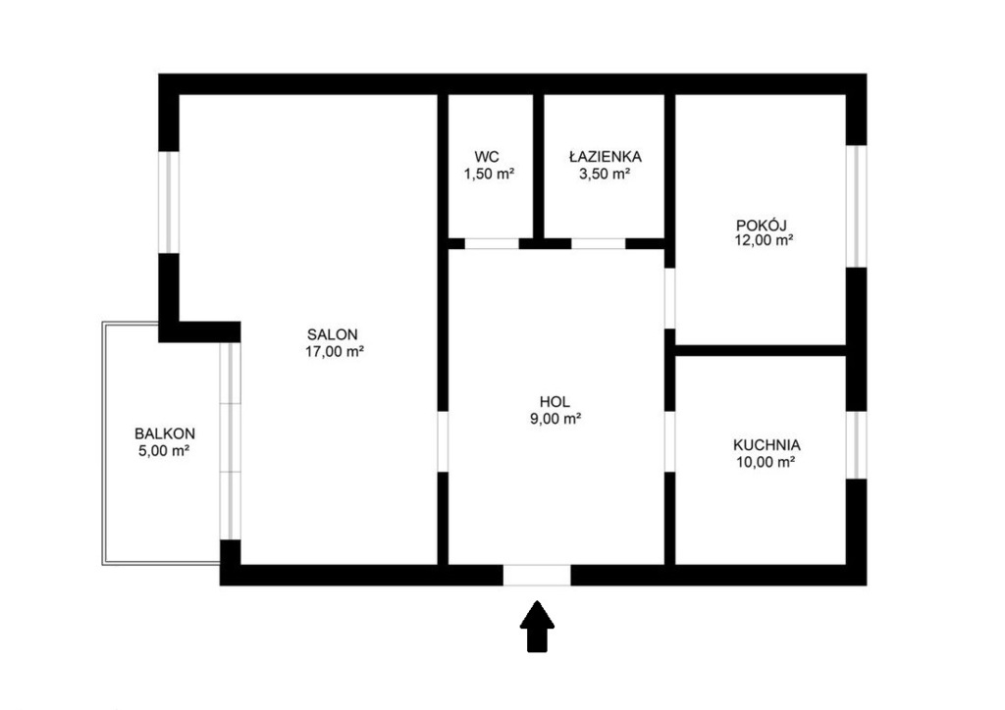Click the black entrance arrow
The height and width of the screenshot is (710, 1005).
537,627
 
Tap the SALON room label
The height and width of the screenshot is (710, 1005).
332,334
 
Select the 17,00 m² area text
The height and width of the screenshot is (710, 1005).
335,351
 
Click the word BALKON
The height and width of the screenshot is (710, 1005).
165,433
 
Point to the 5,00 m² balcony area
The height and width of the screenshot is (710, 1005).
164,450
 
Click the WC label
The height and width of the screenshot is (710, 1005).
487,157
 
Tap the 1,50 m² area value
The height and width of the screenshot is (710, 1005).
489,173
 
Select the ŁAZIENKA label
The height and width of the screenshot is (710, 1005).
605,156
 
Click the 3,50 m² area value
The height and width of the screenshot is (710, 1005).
605,173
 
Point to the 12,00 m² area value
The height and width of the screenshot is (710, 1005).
765,240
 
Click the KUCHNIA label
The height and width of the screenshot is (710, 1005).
767,445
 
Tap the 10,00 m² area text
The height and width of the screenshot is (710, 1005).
766,462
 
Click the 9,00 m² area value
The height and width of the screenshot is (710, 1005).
555,419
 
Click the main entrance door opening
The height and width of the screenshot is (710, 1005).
537,575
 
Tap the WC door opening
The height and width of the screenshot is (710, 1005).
492,243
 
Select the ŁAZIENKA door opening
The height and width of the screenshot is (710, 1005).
599,243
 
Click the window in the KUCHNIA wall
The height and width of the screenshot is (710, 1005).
857,445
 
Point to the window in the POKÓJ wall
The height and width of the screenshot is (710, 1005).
857,206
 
